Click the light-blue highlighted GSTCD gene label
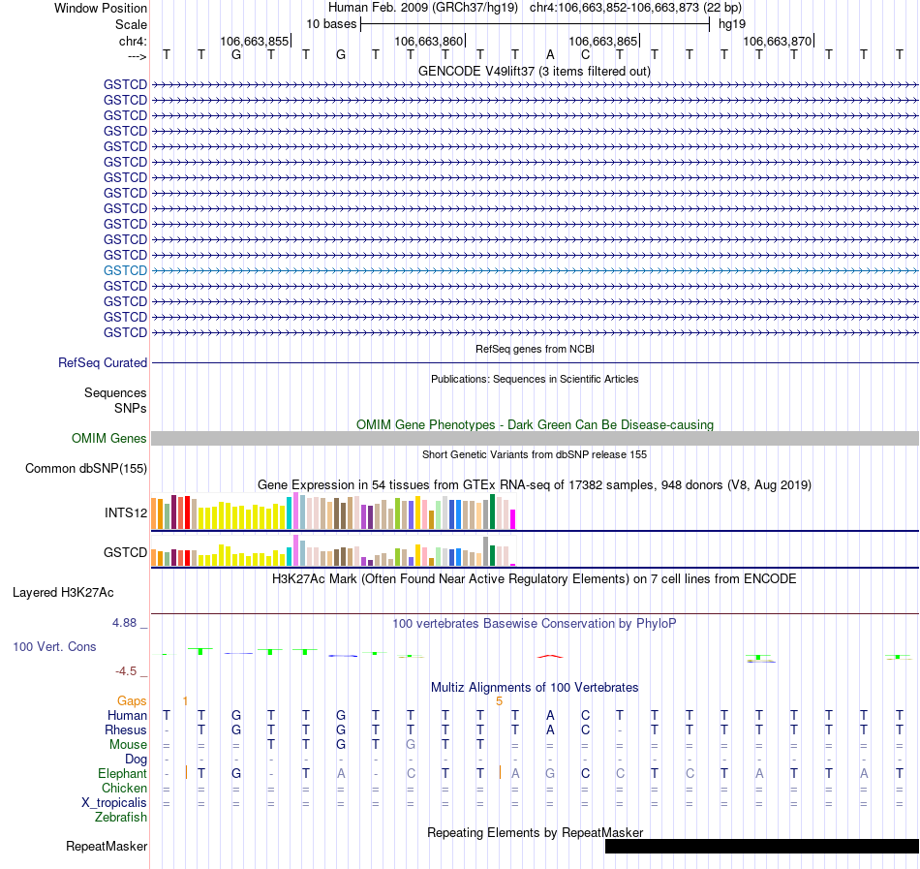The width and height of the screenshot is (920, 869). [125, 270]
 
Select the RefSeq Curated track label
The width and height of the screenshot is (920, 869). [103, 362]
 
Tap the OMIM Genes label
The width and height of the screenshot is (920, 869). [109, 439]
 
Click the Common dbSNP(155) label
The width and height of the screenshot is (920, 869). [86, 469]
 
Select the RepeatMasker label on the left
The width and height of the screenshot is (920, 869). [107, 847]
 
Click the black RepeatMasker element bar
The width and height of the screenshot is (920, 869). [761, 846]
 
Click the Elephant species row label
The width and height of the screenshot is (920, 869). [122, 773]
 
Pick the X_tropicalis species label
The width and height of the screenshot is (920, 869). [114, 802]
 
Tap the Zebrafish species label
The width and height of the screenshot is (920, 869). [121, 817]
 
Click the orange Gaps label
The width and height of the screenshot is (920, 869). [132, 700]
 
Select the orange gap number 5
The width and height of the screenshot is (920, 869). [499, 700]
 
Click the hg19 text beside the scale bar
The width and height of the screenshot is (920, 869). [732, 23]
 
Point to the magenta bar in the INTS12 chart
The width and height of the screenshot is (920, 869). [513, 519]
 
